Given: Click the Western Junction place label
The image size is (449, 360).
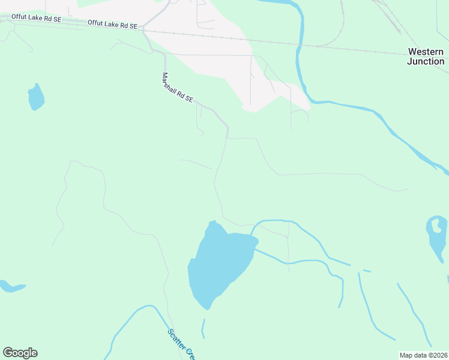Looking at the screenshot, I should pos(426,56).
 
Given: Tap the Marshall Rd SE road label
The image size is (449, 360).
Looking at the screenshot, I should pos(177,88).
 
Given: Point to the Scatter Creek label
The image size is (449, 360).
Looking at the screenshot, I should pos(181,344).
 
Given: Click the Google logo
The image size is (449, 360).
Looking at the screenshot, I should pos(20,353).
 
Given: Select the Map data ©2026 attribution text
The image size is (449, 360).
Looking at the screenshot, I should pos(423,355).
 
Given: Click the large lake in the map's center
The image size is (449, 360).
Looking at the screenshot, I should pos(219,264).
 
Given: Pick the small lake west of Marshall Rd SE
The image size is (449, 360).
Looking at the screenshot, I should pos(35,97).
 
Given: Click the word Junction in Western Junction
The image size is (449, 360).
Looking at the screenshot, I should pos(426,61).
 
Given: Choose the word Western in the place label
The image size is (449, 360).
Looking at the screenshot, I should pos(426,52).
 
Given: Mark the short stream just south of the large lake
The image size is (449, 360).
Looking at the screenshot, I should pos(203,329).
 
